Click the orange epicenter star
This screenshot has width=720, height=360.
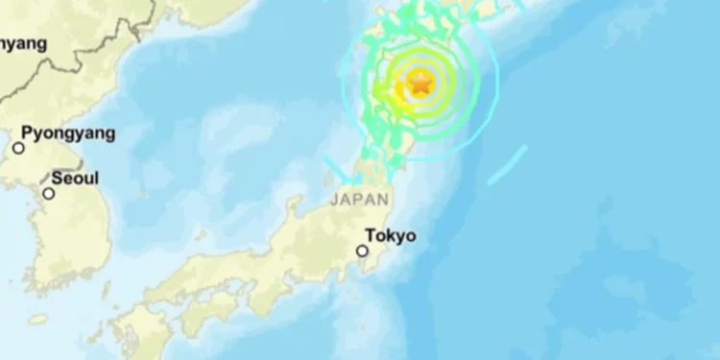(420, 83)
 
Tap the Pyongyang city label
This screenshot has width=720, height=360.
(68, 133)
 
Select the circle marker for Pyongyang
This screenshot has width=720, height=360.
(18, 148)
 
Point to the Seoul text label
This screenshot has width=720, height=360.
(75, 178)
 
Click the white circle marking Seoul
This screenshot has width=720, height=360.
(48, 193)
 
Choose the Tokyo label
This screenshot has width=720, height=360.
(391, 235)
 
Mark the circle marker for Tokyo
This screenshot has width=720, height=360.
(362, 251)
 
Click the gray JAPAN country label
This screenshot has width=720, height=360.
(360, 200)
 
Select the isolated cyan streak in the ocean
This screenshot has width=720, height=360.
(507, 165)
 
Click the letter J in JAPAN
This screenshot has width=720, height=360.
(335, 200)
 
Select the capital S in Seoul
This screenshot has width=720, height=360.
(57, 178)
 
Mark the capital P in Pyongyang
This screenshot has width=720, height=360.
(27, 133)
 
